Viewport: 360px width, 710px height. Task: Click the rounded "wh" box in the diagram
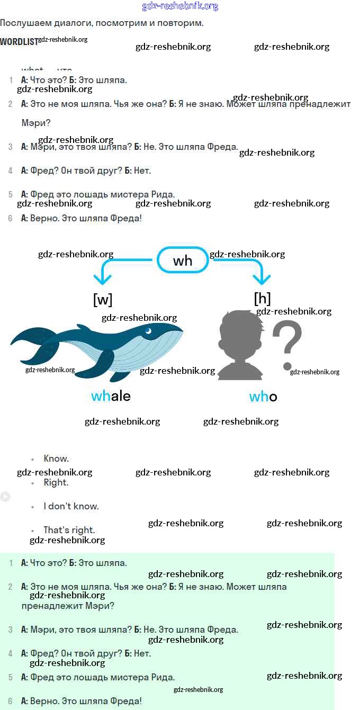coord(183,260)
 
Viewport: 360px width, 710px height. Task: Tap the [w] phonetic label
coord(103,300)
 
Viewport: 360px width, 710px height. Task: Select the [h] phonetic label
coord(262,299)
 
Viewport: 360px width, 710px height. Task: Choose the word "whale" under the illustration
coord(111,396)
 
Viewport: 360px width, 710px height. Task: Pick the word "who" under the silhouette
coord(263,397)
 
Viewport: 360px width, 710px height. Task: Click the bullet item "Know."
coord(56,459)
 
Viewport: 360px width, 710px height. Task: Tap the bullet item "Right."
coord(56,482)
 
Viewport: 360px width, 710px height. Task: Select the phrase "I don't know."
coord(71,506)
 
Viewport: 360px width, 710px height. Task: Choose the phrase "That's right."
coord(69,530)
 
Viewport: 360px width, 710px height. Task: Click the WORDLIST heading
coord(19,41)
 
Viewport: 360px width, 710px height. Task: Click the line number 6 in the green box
coord(10,701)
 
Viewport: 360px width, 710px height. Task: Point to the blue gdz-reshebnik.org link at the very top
coord(180,6)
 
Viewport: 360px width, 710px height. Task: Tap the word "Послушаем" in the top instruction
coord(24,23)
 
